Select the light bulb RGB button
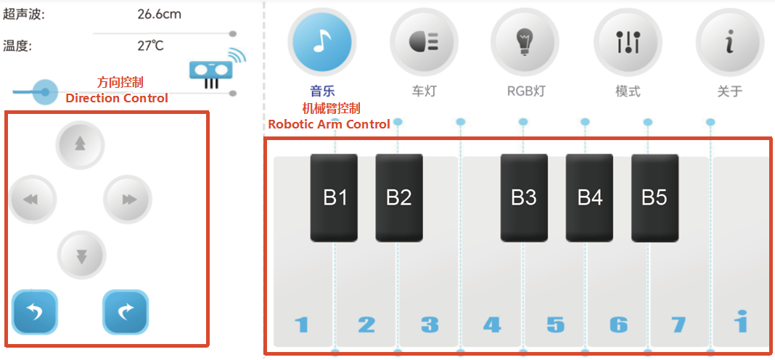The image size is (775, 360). coord(525,41)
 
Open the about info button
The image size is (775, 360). coord(729,41)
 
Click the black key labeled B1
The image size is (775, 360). coord(334,198)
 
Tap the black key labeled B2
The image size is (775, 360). coord(399,198)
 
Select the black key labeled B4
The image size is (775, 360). coord(590,198)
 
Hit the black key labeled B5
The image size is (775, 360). coord(655,198)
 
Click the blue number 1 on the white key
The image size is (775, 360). coord(301,325)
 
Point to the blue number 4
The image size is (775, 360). coord(492,325)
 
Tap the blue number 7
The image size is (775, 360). coord(678,325)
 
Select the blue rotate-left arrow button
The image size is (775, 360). coord(35,312)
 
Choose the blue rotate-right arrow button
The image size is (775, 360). coord(126,312)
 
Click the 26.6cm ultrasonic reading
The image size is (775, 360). coord(159,14)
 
